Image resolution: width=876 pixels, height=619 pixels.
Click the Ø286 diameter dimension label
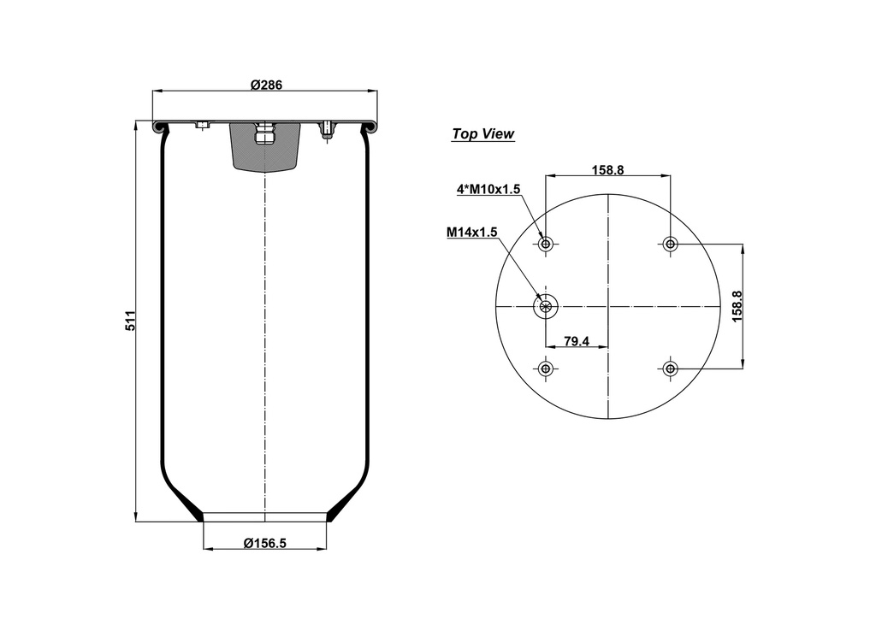pos(266,84)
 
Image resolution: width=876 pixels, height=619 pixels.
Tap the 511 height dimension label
pos(131,321)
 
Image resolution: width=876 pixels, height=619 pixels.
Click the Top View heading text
pos(482,134)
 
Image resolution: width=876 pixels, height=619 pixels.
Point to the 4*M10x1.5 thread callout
pos(488,190)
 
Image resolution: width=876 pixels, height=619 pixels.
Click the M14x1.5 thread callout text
pos(471,232)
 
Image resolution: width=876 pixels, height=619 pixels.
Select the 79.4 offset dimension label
pos(577,341)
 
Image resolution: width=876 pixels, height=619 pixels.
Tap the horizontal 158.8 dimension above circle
pos(607,169)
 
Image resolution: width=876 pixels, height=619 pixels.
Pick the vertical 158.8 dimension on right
pos(737,306)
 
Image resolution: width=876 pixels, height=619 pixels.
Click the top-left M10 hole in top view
pos(545,245)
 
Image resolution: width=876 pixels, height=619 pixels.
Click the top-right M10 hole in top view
pos(670,245)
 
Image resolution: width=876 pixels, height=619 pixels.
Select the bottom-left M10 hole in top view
pos(545,368)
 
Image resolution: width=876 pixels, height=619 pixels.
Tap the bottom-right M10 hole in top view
pos(670,368)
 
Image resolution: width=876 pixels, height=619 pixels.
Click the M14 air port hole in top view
pos(545,306)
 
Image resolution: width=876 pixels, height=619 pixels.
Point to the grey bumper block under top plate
pos(265,150)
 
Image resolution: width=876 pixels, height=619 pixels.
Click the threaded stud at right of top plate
pos(327,131)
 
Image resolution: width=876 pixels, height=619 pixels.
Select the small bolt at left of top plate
pos(202,126)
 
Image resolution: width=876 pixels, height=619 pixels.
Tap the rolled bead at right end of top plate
pos(372,127)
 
